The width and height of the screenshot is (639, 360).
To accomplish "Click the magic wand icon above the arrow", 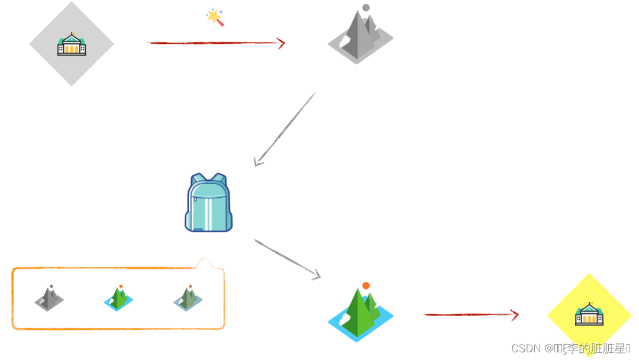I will pyautogui.click(x=215, y=17).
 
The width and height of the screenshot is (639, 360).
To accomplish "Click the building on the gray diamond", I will pyautogui.click(x=72, y=45).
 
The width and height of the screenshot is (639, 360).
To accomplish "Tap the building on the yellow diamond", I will pyautogui.click(x=589, y=314).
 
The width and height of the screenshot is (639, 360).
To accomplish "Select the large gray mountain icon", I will pyautogui.click(x=360, y=37).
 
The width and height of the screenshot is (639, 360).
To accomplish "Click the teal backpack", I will pyautogui.click(x=208, y=202).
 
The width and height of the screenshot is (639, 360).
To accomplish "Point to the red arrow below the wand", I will pyautogui.click(x=215, y=43).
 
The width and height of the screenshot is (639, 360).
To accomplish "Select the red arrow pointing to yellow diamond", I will pyautogui.click(x=470, y=314).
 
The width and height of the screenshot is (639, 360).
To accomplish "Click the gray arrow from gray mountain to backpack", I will pyautogui.click(x=285, y=129).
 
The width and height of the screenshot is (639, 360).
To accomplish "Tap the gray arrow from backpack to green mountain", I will pyautogui.click(x=287, y=258).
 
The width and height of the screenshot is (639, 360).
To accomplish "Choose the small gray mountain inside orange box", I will pyautogui.click(x=49, y=298).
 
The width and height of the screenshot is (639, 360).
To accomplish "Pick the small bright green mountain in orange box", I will pyautogui.click(x=119, y=298).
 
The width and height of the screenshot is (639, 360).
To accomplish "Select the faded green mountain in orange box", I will pyautogui.click(x=188, y=298).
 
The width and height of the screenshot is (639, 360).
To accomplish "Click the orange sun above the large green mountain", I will pyautogui.click(x=366, y=285).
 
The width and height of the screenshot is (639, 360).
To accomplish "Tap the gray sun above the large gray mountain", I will pyautogui.click(x=366, y=8).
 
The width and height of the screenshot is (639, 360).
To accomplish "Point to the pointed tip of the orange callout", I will pyautogui.click(x=203, y=259).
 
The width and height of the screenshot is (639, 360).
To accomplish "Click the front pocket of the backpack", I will pyautogui.click(x=208, y=213).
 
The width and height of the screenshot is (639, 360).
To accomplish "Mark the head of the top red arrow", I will pyautogui.click(x=281, y=43).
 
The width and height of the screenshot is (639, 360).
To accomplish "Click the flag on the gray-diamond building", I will pyautogui.click(x=73, y=34).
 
